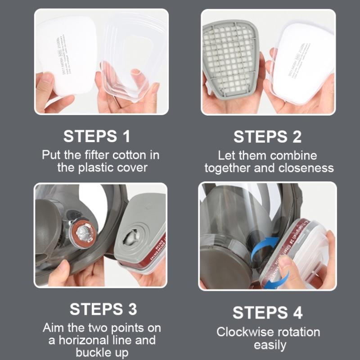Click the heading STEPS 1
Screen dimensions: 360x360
click(97, 136)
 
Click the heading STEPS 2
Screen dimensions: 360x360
click(267, 136)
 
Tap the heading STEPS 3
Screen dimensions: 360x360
click(103, 309)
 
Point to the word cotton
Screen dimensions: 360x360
click(126, 155)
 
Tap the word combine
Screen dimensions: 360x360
click(294, 155)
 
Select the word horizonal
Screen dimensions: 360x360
click(79, 340)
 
